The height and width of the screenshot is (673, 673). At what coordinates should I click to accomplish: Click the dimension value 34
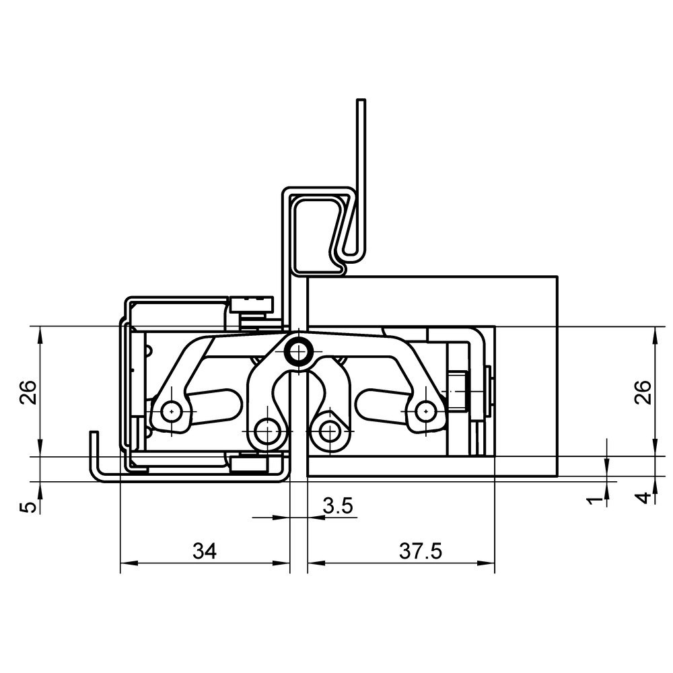pyautogui.click(x=205, y=551)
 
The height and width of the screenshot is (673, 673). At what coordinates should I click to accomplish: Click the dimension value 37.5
pyautogui.click(x=420, y=551)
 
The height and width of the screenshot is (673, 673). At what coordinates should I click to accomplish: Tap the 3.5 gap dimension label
pyautogui.click(x=338, y=506)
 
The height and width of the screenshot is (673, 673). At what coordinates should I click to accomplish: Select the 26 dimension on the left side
pyautogui.click(x=28, y=392)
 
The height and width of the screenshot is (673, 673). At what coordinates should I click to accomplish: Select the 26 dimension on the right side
pyautogui.click(x=643, y=392)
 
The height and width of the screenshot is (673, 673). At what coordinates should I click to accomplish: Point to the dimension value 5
pyautogui.click(x=28, y=507)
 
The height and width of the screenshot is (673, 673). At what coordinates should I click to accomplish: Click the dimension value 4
pyautogui.click(x=644, y=498)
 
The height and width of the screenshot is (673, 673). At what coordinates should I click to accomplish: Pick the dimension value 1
pyautogui.click(x=595, y=500)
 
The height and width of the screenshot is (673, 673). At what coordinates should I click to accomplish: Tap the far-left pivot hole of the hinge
pyautogui.click(x=171, y=411)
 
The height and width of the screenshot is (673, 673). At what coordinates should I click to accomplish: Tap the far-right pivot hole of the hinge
pyautogui.click(x=425, y=411)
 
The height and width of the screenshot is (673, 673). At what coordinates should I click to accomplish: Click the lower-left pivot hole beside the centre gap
pyautogui.click(x=267, y=430)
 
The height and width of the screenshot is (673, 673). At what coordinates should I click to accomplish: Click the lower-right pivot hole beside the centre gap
pyautogui.click(x=329, y=430)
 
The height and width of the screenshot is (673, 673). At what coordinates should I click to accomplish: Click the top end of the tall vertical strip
pyautogui.click(x=361, y=100)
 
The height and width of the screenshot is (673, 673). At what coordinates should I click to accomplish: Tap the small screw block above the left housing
pyautogui.click(x=251, y=304)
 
